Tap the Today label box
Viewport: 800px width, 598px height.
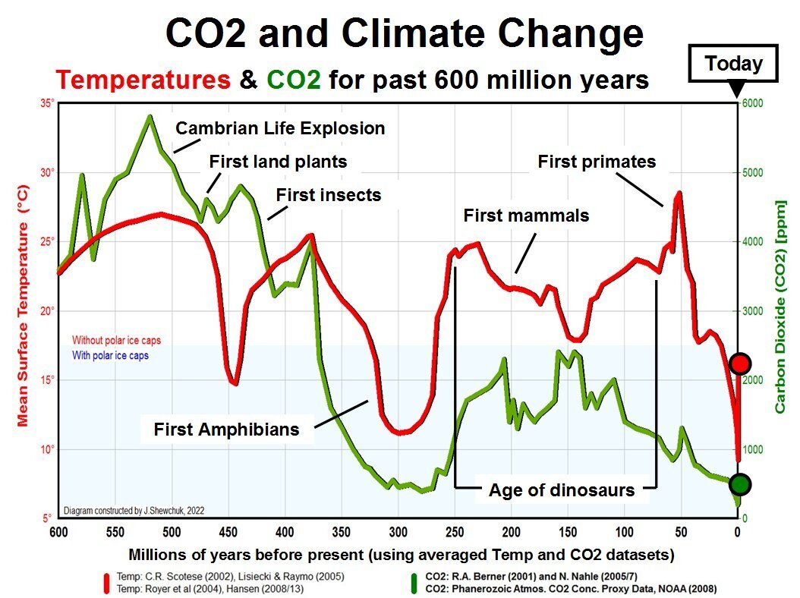732,64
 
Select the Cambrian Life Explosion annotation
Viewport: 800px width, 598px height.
280,128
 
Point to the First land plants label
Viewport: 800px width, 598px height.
278,162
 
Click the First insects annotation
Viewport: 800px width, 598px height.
328,195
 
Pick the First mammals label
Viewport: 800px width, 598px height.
526,216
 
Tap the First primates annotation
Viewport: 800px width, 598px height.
597,161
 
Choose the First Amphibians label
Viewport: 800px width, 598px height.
226,430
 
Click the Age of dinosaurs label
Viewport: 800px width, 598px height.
562,490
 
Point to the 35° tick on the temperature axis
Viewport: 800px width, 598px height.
48,103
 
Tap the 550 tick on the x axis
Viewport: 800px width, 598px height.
115,532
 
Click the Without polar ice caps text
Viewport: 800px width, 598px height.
116,341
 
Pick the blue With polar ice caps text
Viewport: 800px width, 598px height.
110,355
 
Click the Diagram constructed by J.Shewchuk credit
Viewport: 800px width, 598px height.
134,511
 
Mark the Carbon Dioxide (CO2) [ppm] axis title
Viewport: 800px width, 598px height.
780,307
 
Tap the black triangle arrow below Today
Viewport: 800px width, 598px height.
735,91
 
